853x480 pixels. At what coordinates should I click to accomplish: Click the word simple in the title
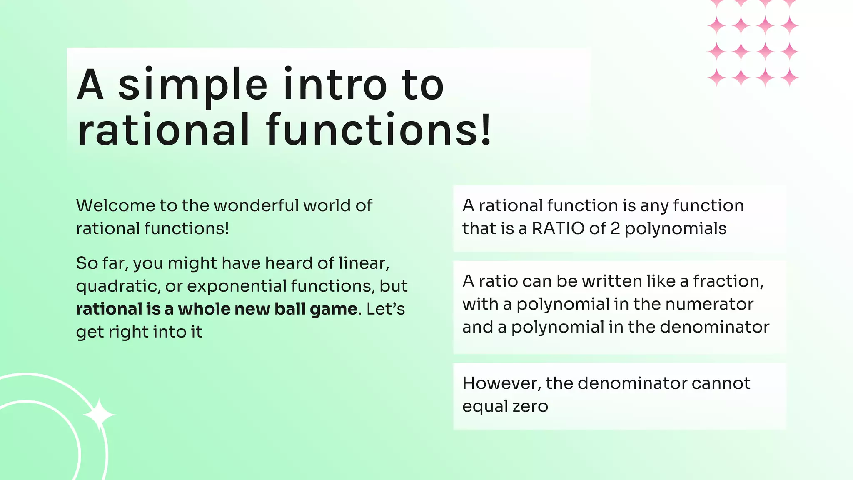192,85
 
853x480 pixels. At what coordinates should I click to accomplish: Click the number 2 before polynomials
615,229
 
